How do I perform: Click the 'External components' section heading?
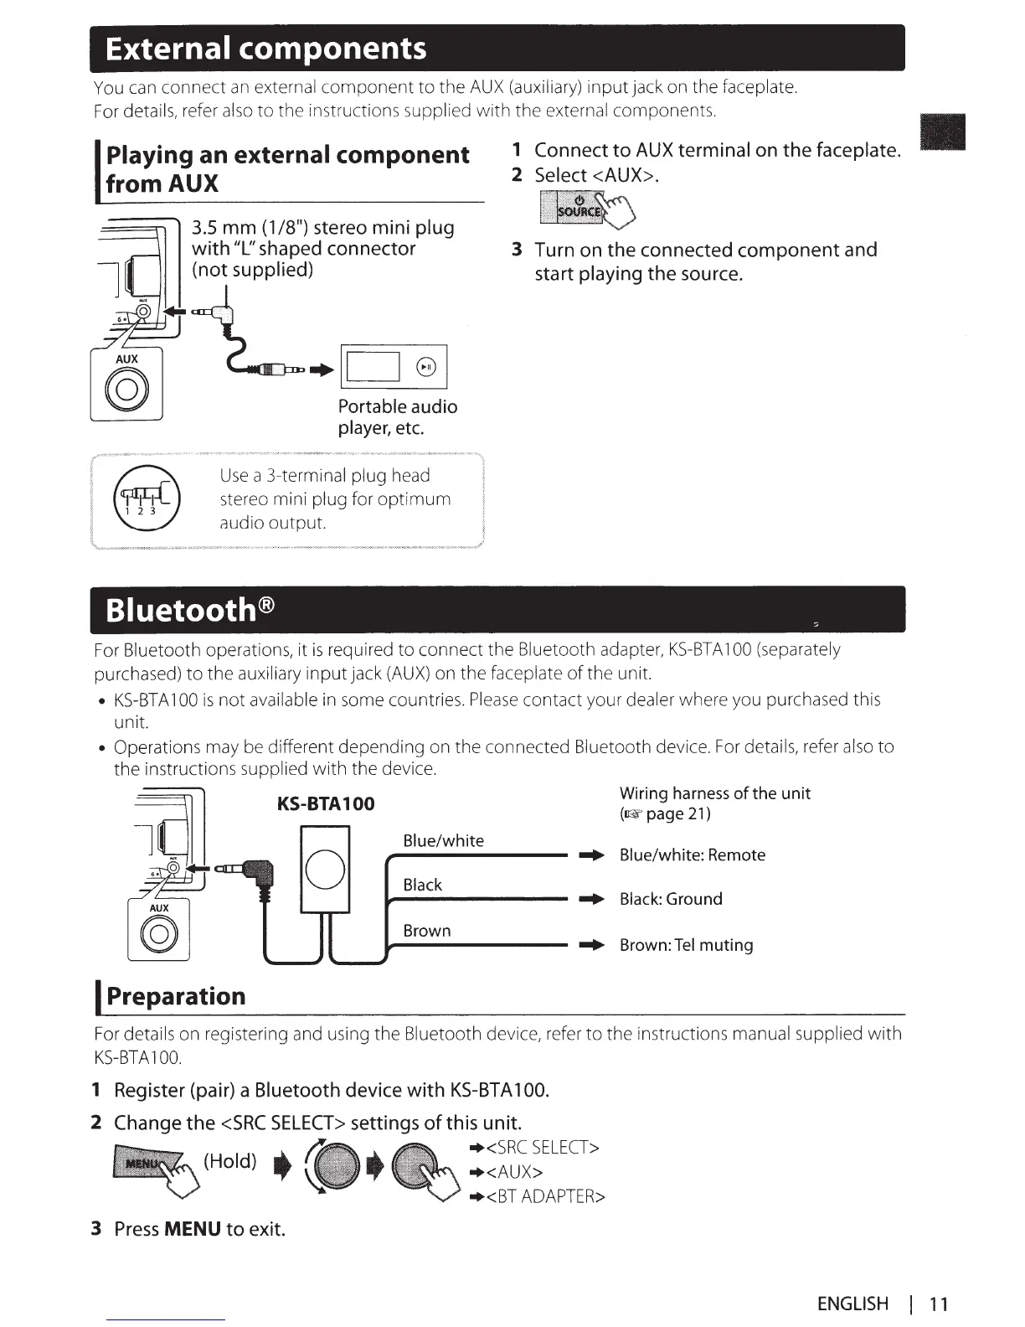265,49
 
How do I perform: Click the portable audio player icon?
394,367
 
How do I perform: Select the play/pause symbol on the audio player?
426,367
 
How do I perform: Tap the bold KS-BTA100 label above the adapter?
326,804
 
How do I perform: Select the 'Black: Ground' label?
670,899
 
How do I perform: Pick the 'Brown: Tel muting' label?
686,945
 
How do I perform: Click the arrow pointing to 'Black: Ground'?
592,900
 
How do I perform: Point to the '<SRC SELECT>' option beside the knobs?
542,1147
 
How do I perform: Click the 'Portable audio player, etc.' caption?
397,417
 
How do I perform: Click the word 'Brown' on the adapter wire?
426,931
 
